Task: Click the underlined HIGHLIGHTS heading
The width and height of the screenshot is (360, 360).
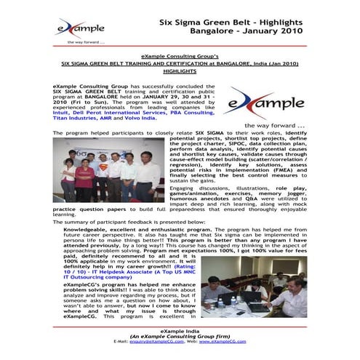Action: pos(180,71)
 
